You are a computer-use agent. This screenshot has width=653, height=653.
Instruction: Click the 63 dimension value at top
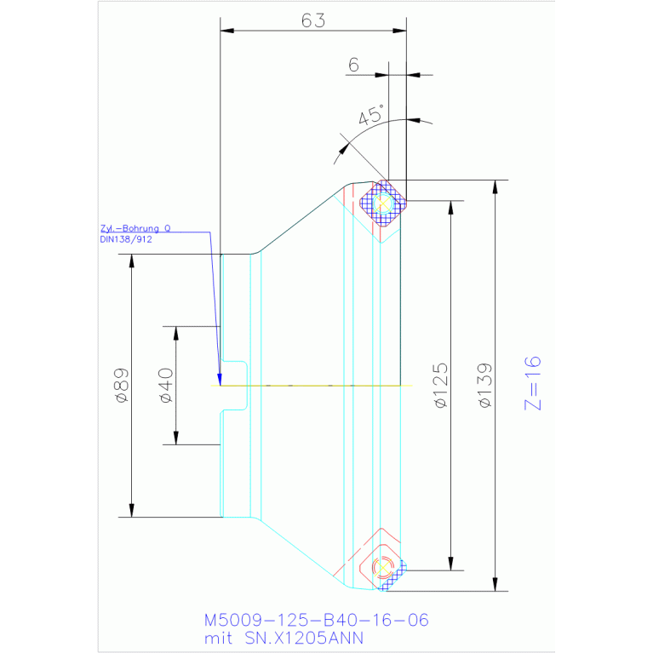tap(312, 20)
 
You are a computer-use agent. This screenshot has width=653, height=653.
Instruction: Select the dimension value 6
tap(353, 65)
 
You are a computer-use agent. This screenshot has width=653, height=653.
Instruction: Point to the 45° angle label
tap(370, 115)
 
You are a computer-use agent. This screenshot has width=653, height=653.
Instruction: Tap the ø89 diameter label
tap(121, 385)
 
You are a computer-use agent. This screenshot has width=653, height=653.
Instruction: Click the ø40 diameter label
tap(166, 385)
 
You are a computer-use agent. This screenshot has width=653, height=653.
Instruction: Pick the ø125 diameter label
tap(441, 385)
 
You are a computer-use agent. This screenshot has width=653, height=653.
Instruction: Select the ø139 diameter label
tap(484, 385)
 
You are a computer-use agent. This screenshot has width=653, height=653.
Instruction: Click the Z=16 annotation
tap(533, 383)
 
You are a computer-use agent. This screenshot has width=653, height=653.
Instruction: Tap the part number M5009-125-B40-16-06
tap(316, 620)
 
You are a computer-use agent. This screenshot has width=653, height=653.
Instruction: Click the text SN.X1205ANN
tap(304, 638)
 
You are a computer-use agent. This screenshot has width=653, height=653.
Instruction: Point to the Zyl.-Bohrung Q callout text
tap(135, 228)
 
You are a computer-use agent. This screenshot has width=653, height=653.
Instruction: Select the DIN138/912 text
tap(126, 239)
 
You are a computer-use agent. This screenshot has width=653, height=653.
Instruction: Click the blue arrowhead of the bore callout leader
tap(220, 380)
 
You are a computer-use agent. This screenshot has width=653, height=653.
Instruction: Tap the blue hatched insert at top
tap(383, 203)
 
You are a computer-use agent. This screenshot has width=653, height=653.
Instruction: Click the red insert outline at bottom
tap(381, 566)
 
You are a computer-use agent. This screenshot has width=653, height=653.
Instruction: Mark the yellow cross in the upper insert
tap(383, 203)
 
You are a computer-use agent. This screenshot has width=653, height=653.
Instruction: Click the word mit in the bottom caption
tap(218, 638)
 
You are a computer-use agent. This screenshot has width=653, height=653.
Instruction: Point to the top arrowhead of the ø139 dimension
tap(495, 186)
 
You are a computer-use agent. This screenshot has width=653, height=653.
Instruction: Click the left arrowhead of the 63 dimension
tap(227, 31)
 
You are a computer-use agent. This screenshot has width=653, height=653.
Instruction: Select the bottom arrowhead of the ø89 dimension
tap(132, 511)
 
